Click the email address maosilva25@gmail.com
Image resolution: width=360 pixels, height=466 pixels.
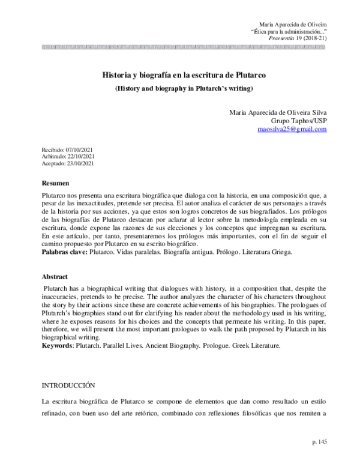tap(292, 129)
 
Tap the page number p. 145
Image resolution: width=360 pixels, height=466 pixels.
tap(319, 441)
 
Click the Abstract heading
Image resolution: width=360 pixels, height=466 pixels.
tap(55, 277)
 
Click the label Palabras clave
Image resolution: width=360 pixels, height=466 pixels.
tap(64, 253)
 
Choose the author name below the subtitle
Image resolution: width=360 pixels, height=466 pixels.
tap(278, 111)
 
